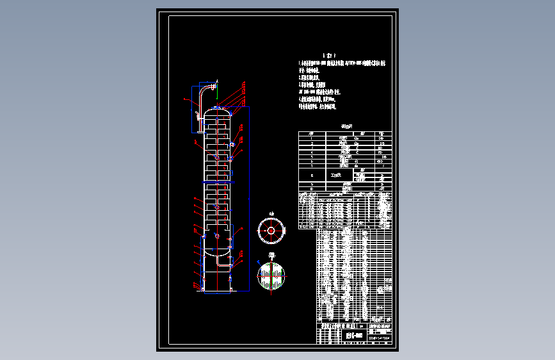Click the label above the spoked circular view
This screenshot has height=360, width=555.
[x=271, y=213]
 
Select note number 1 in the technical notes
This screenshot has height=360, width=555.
[x=339, y=63]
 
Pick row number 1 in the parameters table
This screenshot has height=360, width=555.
[x=311, y=138]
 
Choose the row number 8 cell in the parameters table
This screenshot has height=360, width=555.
[x=311, y=174]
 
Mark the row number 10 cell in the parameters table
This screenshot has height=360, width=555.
[x=311, y=189]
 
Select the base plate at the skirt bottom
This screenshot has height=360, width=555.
[x=217, y=291]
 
